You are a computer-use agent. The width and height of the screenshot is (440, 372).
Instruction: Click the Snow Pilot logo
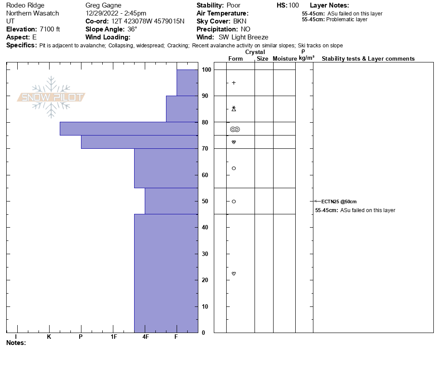coord(51,97)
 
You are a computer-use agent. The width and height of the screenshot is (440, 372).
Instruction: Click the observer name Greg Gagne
coord(103,5)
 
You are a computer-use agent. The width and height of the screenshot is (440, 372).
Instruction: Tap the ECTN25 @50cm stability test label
coord(339,201)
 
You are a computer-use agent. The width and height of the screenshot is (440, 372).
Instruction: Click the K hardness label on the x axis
coord(49,337)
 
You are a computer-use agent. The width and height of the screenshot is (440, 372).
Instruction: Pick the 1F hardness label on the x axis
coord(114,337)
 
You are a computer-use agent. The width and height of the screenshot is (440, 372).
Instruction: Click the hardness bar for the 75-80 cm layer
coord(129,128)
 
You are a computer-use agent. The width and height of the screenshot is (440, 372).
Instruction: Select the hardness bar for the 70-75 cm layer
coord(139,142)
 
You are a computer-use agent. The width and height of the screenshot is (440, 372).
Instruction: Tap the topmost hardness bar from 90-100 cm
coord(187,82)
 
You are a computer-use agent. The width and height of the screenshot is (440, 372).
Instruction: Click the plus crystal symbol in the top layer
coord(234,83)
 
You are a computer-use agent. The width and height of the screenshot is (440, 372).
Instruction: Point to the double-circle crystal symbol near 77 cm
coord(235,129)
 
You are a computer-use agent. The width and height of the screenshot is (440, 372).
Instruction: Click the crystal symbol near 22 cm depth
coord(234,274)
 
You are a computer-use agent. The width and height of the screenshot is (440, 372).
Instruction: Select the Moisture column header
coord(285,58)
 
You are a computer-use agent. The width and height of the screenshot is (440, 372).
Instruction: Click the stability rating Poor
coord(233,5)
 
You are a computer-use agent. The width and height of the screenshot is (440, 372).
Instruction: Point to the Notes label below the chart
coord(16,343)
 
